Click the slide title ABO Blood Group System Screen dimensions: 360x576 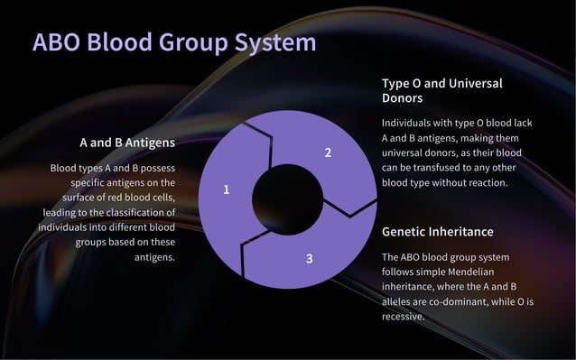174,42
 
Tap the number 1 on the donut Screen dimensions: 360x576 227,189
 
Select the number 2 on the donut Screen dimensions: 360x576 328,152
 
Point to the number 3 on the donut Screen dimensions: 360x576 309,259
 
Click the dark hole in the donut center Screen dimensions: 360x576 287,199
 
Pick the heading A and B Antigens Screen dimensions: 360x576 127,143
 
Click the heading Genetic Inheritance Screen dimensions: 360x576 438,232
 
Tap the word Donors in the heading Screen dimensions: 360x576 403,97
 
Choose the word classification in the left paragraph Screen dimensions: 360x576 133,212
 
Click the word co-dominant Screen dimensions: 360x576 451,301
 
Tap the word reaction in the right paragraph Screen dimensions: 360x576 484,182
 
